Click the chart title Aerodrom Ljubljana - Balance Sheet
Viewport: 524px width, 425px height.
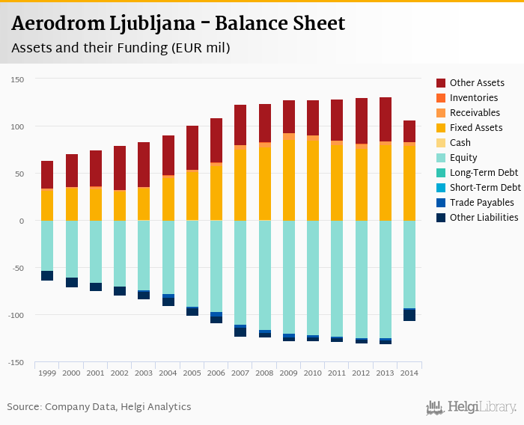tap(178, 23)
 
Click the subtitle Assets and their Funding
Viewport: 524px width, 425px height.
tap(120, 48)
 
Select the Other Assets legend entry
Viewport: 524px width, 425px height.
tap(476, 83)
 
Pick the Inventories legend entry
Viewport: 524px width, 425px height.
tap(473, 98)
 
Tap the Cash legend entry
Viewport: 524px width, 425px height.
tap(460, 143)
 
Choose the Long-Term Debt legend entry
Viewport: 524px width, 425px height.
tap(484, 173)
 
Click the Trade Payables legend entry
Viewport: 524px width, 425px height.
tap(481, 203)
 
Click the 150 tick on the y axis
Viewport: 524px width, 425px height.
tap(18, 79)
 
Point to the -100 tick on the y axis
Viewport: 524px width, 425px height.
tap(16, 315)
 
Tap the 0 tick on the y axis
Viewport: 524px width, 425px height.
tap(22, 221)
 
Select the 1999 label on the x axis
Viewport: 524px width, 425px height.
tap(47, 373)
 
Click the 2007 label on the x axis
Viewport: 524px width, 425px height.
tap(240, 373)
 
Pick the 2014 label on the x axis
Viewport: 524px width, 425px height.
tap(409, 373)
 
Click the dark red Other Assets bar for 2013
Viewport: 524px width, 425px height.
tap(386, 119)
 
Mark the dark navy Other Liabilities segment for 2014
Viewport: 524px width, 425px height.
tap(409, 316)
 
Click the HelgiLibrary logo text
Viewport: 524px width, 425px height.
tap(481, 408)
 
